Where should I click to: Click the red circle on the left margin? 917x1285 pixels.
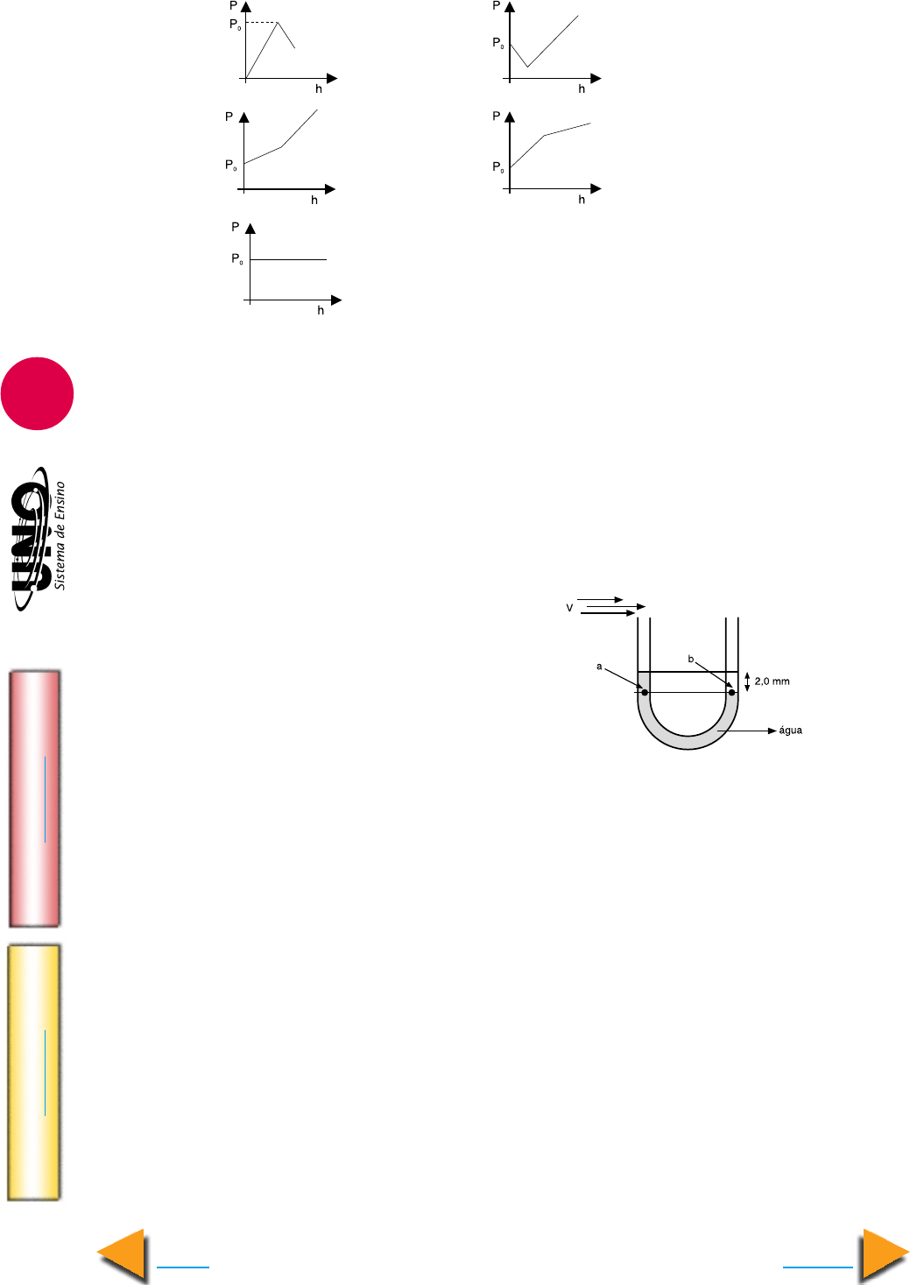tap(38, 393)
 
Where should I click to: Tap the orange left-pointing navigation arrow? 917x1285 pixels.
tap(122, 1254)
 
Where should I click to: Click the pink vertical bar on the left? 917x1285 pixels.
tap(34, 799)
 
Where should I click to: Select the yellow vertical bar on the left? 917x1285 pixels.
tap(34, 1072)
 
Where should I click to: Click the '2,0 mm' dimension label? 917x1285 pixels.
tap(772, 681)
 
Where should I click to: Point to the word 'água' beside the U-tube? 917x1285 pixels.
tap(790, 731)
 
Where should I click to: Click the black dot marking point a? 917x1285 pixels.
tap(645, 692)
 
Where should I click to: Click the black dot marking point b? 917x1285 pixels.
tap(732, 692)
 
